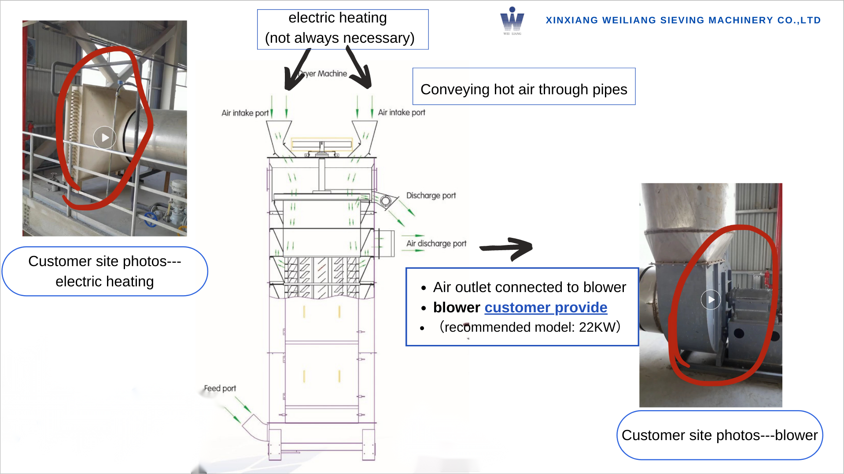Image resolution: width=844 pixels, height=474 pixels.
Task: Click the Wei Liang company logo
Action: click(x=512, y=20)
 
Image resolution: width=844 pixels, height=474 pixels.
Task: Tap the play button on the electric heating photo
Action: click(x=104, y=138)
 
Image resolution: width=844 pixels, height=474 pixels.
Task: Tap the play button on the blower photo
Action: click(x=711, y=300)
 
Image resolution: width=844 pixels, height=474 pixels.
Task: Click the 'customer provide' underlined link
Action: click(x=545, y=307)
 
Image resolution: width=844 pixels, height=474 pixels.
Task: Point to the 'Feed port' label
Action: click(x=220, y=389)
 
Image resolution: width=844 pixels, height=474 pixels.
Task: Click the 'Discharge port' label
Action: click(x=431, y=196)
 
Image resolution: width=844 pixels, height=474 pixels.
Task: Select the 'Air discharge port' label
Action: click(x=436, y=244)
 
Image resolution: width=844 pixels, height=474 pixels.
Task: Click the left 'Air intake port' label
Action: click(x=245, y=113)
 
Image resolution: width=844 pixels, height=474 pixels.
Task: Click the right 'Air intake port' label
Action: click(x=402, y=113)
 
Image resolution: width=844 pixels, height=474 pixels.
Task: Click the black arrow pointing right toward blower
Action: click(x=506, y=248)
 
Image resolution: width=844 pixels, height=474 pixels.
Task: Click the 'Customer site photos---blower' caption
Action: click(x=719, y=435)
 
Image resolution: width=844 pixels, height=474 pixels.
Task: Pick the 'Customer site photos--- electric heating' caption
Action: click(x=104, y=271)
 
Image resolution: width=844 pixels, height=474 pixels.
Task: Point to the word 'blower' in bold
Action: click(x=456, y=307)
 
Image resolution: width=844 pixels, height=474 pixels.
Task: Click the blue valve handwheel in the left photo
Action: click(x=150, y=218)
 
